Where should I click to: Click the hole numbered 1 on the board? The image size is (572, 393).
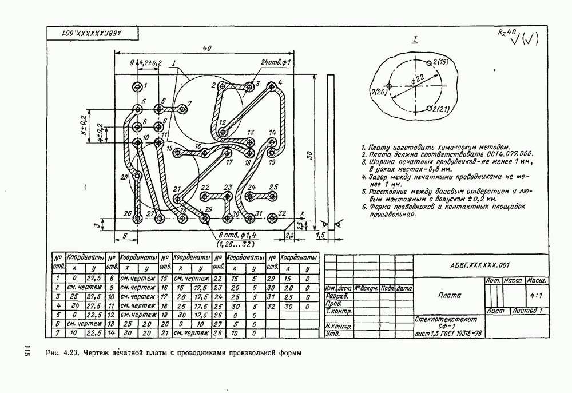click(x=137, y=86)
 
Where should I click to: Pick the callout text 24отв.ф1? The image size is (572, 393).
click(x=276, y=62)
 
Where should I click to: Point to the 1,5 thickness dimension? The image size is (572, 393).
click(x=320, y=235)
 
